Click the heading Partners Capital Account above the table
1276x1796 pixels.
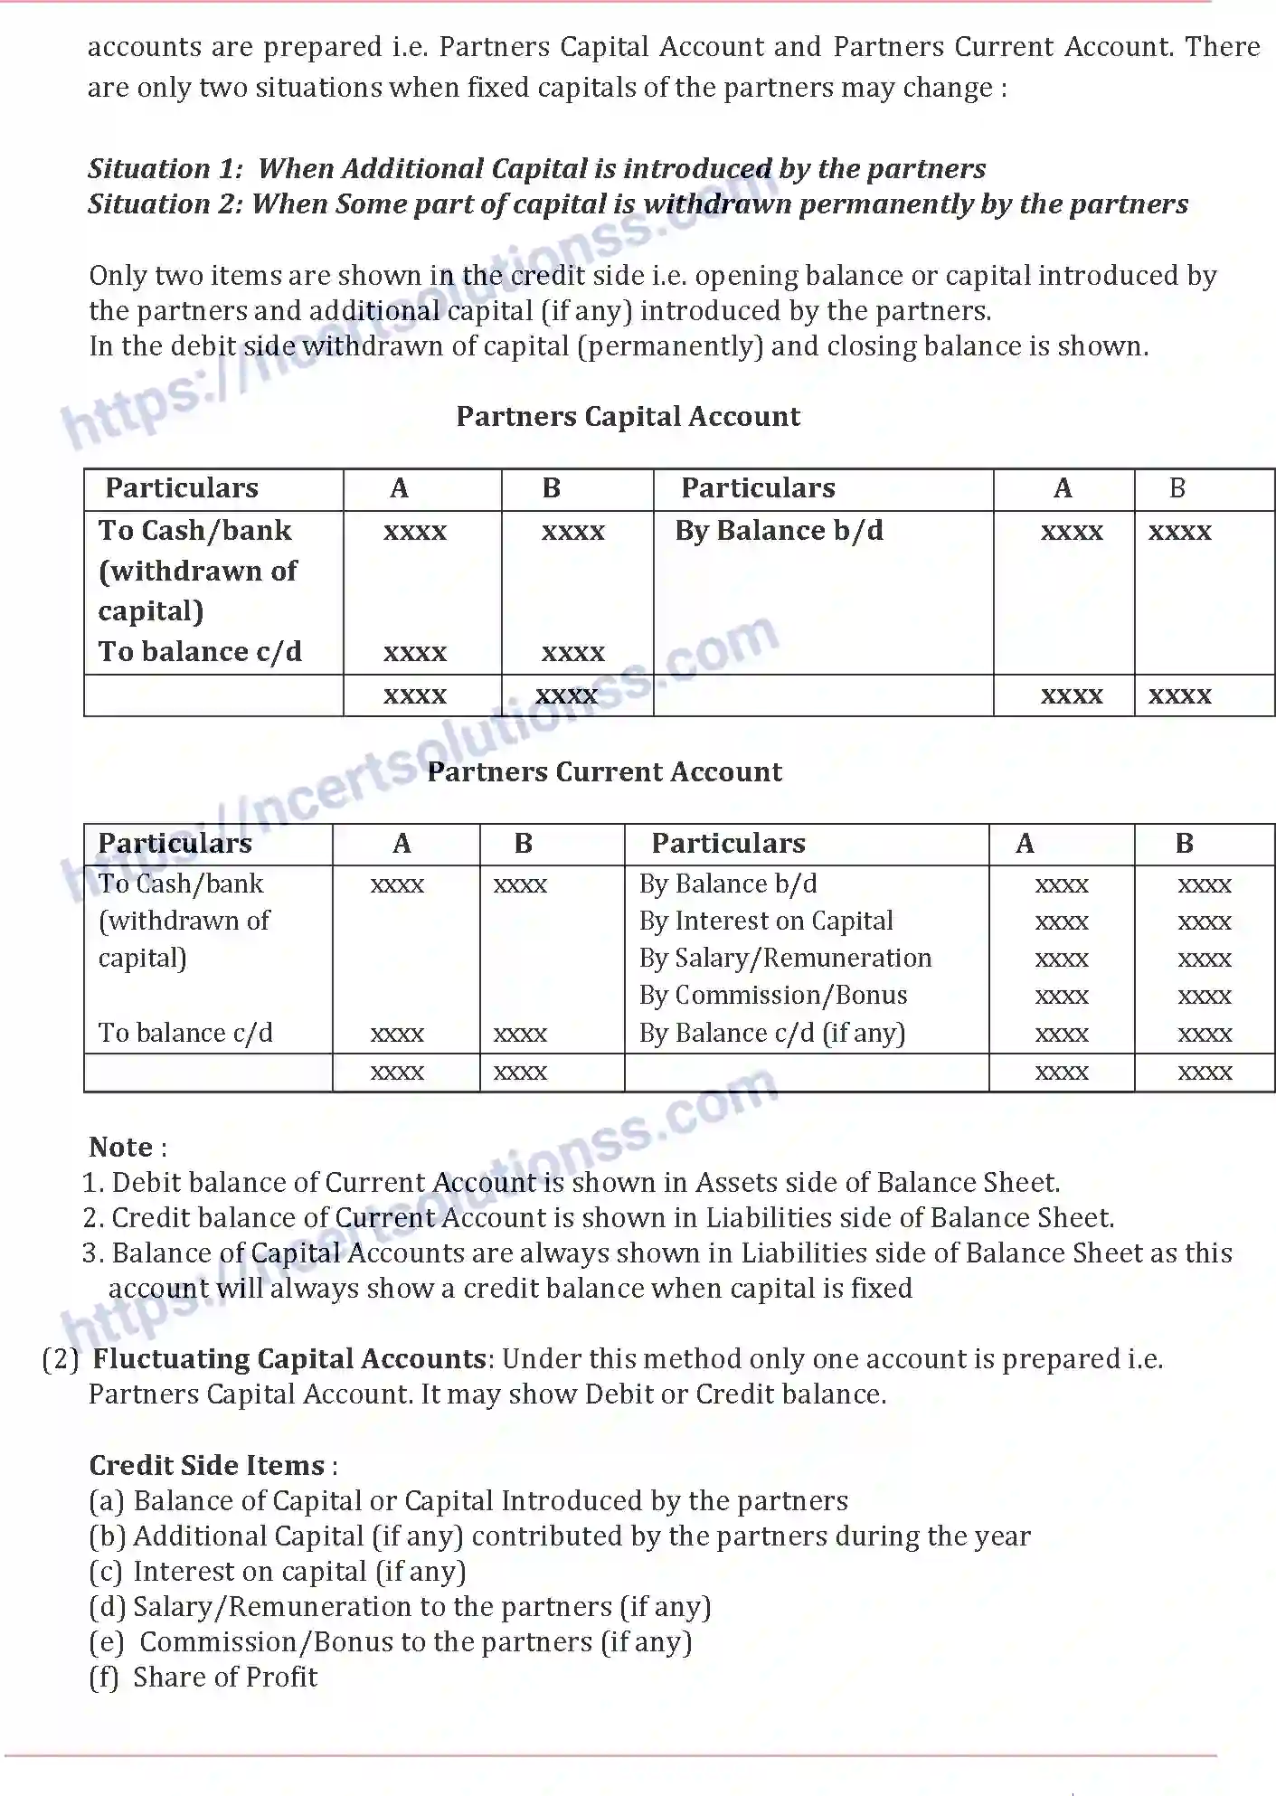coord(628,416)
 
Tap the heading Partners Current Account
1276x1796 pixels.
coord(604,771)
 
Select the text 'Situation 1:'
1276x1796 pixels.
coord(165,169)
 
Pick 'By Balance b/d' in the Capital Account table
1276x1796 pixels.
coord(779,531)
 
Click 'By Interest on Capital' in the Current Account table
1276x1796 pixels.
coord(765,921)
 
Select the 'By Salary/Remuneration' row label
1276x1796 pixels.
coord(784,958)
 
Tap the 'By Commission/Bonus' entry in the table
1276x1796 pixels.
coord(772,995)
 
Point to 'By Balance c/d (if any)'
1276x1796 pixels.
coord(771,1033)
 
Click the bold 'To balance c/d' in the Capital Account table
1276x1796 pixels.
coord(200,652)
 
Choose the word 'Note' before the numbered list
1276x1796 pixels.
coord(120,1147)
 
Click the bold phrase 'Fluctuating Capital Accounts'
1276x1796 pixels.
coord(289,1358)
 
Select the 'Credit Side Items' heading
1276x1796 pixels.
coord(207,1465)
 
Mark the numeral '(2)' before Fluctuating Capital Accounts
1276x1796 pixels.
coord(61,1358)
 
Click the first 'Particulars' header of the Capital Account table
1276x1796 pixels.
coord(182,488)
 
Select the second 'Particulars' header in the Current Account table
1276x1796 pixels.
coord(728,844)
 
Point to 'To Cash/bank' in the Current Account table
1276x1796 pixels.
coord(181,884)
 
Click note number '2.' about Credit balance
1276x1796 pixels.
coord(94,1218)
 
